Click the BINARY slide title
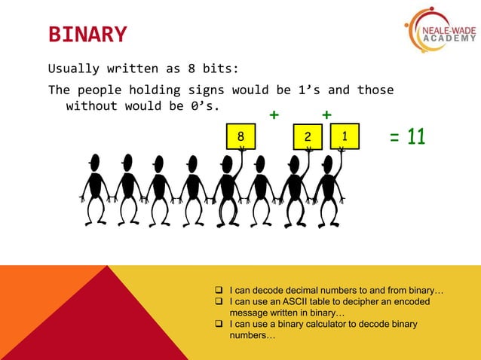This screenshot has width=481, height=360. (87, 35)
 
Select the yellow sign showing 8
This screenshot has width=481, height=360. (241, 136)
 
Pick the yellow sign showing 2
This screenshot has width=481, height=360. (308, 136)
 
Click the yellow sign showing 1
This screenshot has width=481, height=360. (345, 136)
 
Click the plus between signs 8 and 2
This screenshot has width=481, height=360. (274, 114)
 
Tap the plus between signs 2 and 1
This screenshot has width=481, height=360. (326, 114)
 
